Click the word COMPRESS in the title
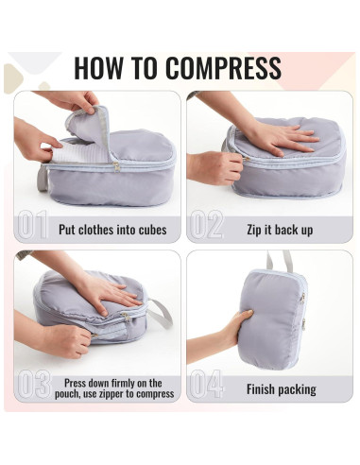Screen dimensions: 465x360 pos(223,68)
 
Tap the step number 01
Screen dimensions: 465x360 pos(32,226)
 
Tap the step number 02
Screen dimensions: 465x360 pos(205,226)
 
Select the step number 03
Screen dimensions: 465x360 pos(32,386)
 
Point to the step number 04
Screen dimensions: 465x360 pos(205,386)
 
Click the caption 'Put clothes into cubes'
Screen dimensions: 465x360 pos(112,229)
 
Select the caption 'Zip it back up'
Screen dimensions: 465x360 pos(280,229)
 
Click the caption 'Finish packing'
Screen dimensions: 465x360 pos(281,388)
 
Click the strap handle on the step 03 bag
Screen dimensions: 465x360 pos(160,313)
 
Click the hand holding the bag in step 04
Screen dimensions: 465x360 pos(232,331)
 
